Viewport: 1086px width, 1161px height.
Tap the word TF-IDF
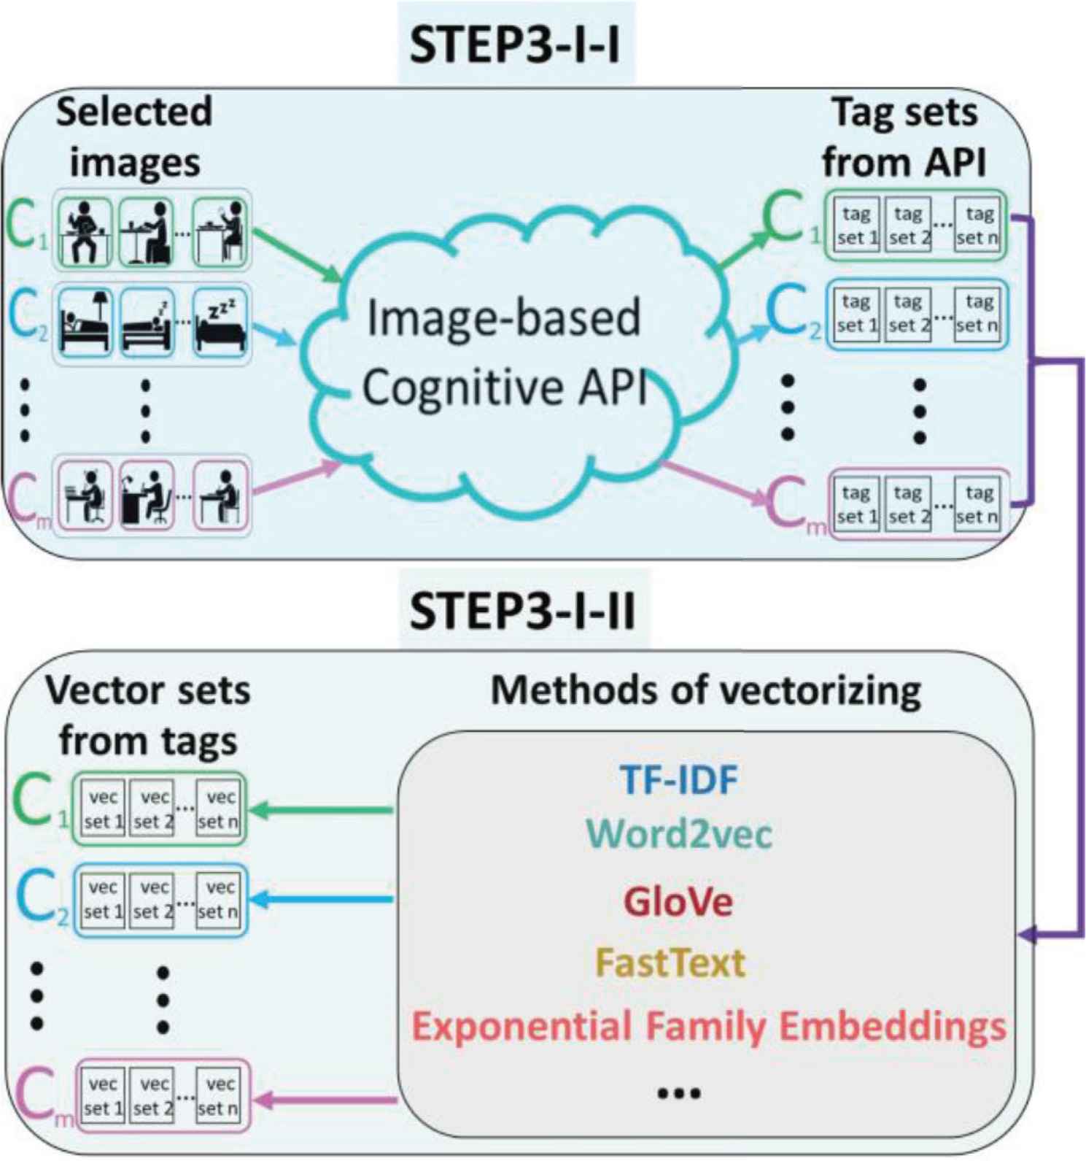tap(678, 779)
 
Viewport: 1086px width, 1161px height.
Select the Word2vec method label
tap(678, 833)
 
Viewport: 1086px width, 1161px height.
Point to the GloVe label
tap(678, 902)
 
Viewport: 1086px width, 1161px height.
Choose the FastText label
tap(670, 963)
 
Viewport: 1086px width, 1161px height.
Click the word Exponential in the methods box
tap(522, 1026)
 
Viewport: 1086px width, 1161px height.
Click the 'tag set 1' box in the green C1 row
tap(856, 225)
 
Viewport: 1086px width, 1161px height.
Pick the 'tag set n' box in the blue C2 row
tap(978, 313)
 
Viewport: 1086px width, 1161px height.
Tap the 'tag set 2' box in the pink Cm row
tap(907, 504)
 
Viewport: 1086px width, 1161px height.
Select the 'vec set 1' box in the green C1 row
tap(102, 809)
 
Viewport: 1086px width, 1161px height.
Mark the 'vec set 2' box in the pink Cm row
tap(153, 1096)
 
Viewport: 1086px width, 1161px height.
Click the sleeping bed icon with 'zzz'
tap(220, 323)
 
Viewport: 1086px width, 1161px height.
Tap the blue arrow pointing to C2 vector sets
tap(321, 899)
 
